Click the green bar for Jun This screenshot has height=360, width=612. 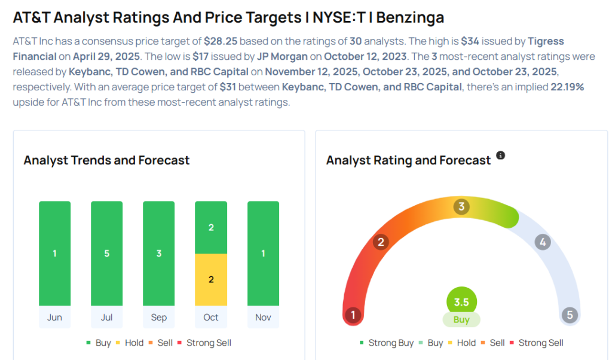coord(54,254)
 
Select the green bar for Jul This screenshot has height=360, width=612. coord(106,254)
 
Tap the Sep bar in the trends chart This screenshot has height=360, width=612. coord(158,254)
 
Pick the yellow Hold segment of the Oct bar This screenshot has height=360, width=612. coord(211,279)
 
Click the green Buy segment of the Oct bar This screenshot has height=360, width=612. coord(211,228)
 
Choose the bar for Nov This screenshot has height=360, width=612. coord(263,254)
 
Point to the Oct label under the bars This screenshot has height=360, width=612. coord(211,318)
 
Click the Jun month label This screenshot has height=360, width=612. coord(54,318)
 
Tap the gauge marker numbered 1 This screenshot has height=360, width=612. coord(353,315)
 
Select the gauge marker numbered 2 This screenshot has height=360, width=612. coord(380,242)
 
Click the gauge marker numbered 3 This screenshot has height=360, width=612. coord(461,207)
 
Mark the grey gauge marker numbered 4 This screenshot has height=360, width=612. coord(543,242)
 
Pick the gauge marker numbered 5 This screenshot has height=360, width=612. coord(570,315)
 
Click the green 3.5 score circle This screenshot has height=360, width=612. coord(461,302)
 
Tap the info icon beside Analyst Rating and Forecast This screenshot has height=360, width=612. coord(501,155)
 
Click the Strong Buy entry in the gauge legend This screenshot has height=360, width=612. coord(387,343)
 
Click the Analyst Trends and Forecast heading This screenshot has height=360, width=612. coord(106,160)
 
